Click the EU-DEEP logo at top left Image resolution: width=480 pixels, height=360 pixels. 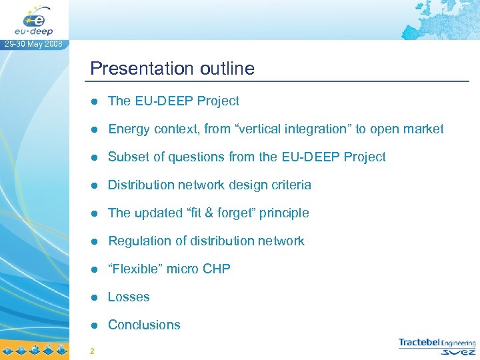(34, 19)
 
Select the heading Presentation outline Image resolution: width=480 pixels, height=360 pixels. (172, 69)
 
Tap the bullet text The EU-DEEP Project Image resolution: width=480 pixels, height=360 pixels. (173, 101)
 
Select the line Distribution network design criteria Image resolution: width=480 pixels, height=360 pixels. (209, 185)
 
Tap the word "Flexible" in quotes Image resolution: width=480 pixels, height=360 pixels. (135, 269)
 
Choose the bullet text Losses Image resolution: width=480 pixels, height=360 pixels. (129, 297)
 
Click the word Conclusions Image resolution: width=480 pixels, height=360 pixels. (144, 325)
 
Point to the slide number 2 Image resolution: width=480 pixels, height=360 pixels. (91, 351)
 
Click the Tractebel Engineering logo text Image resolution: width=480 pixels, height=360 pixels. (437, 343)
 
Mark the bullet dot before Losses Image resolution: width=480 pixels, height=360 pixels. (95, 297)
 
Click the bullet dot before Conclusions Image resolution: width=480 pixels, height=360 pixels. (95, 325)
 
